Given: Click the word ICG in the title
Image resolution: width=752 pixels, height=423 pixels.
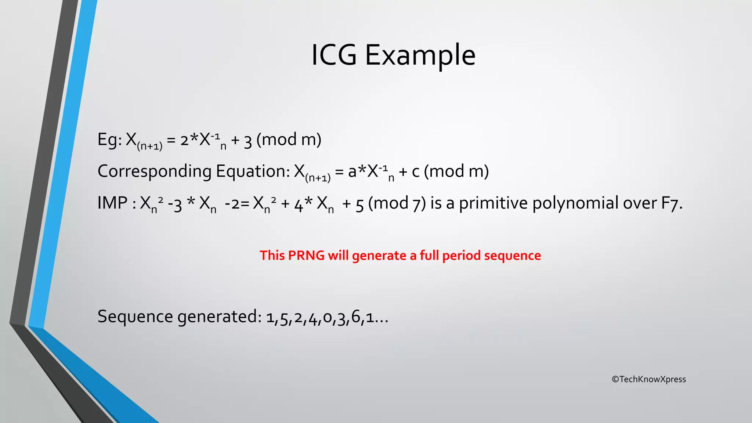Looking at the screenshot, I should pyautogui.click(x=334, y=55).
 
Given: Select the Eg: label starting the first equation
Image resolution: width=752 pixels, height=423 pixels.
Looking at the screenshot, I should pyautogui.click(x=109, y=140).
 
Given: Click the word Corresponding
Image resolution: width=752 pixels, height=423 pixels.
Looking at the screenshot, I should pyautogui.click(x=155, y=171).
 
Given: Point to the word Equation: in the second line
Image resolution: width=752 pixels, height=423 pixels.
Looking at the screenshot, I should pyautogui.click(x=253, y=171).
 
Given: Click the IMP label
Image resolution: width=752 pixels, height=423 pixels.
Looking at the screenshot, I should pyautogui.click(x=112, y=203).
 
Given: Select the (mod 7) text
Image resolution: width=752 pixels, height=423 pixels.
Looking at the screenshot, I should pyautogui.click(x=397, y=203).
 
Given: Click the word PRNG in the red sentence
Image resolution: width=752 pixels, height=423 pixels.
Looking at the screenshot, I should pyautogui.click(x=306, y=256).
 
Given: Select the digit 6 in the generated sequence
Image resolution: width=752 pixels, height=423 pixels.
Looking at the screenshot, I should pyautogui.click(x=355, y=317).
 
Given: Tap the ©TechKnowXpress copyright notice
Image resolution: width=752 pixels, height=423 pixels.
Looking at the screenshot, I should pyautogui.click(x=649, y=379).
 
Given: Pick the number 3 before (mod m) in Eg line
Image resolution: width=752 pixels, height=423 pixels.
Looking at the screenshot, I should pyautogui.click(x=248, y=141).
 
